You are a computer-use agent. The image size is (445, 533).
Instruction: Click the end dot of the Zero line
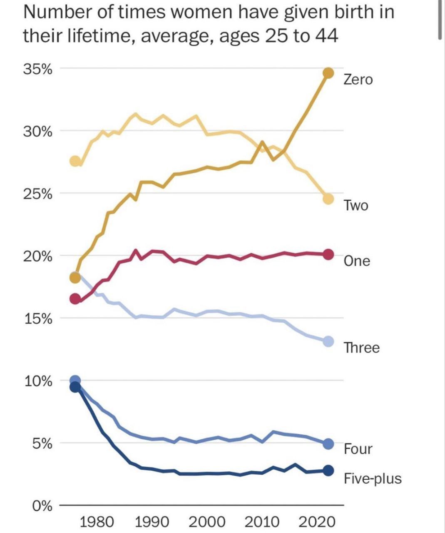coord(328,73)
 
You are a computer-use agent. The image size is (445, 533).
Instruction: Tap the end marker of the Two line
coord(328,199)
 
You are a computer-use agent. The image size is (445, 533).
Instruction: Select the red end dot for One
coord(328,254)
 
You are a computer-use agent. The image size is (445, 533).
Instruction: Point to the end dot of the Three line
coord(328,341)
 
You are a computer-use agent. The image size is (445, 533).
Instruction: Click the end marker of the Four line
coord(328,444)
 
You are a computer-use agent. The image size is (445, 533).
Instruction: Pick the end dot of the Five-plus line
coord(328,471)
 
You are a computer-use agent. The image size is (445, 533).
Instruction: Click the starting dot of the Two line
coord(75,161)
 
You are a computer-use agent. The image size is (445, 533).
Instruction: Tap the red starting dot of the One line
coord(75,299)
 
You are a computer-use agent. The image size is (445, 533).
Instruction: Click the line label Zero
coord(358,79)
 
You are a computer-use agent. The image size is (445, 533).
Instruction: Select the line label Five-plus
coord(373,478)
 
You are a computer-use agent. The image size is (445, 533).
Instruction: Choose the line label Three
coord(361,347)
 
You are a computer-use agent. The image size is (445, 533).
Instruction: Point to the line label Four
coord(358,449)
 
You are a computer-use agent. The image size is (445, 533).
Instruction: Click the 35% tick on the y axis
coord(37,69)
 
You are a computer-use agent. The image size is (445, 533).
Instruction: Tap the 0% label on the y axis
coord(42,506)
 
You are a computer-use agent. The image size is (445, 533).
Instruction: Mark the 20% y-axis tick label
coord(37,256)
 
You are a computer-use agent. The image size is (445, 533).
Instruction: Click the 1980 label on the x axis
coord(97,521)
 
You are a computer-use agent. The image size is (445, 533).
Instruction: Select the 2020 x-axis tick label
coord(317,521)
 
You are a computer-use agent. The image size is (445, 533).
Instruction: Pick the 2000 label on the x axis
coord(207,521)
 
